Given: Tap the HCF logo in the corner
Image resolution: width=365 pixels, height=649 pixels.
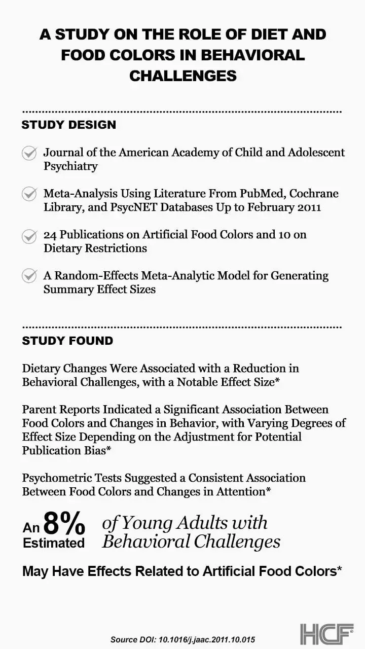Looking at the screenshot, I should [x=327, y=634].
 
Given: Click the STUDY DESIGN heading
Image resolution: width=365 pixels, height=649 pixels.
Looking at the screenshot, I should [x=68, y=125].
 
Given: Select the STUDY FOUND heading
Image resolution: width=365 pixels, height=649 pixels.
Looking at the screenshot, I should [x=67, y=341].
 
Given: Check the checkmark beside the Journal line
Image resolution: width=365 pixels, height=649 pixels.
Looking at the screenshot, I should [x=29, y=153].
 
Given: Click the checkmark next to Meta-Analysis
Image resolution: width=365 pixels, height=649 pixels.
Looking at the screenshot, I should [x=29, y=194].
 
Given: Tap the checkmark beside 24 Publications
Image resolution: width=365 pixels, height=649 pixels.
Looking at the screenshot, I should [x=29, y=236].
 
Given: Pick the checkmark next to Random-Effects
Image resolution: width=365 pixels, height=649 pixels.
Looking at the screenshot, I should [x=29, y=276].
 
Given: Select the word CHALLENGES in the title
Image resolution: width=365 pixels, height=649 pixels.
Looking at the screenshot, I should [x=182, y=76].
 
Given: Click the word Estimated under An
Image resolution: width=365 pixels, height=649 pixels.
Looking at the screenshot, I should [x=54, y=543].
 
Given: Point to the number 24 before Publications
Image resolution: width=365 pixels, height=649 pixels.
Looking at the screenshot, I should [x=51, y=235].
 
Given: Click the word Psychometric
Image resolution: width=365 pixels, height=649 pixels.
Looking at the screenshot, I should [x=56, y=478].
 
